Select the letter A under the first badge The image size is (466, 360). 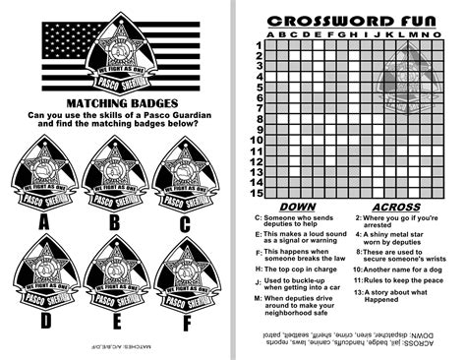click(44, 221)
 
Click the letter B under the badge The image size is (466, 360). click(114, 221)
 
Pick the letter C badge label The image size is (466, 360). click(184, 221)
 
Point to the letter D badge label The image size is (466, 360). click(44, 320)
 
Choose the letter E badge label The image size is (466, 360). click(114, 320)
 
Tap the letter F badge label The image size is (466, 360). click(184, 320)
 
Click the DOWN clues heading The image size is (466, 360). click(297, 208)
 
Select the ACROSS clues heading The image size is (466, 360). click(396, 208)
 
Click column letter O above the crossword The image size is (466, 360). click(436, 33)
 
